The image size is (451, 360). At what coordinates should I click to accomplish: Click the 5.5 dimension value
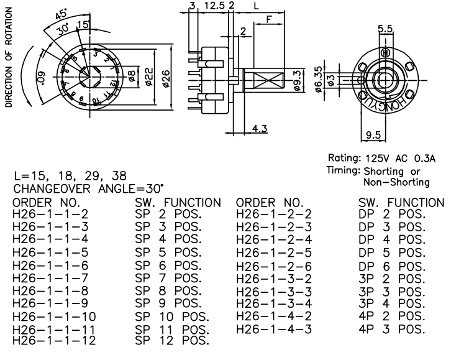coord(385,27)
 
